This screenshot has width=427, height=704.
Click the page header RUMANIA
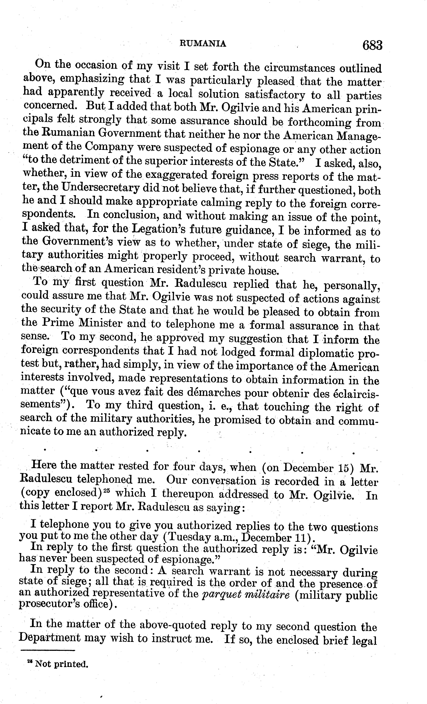point(203,44)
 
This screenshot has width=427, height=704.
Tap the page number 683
point(372,45)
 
